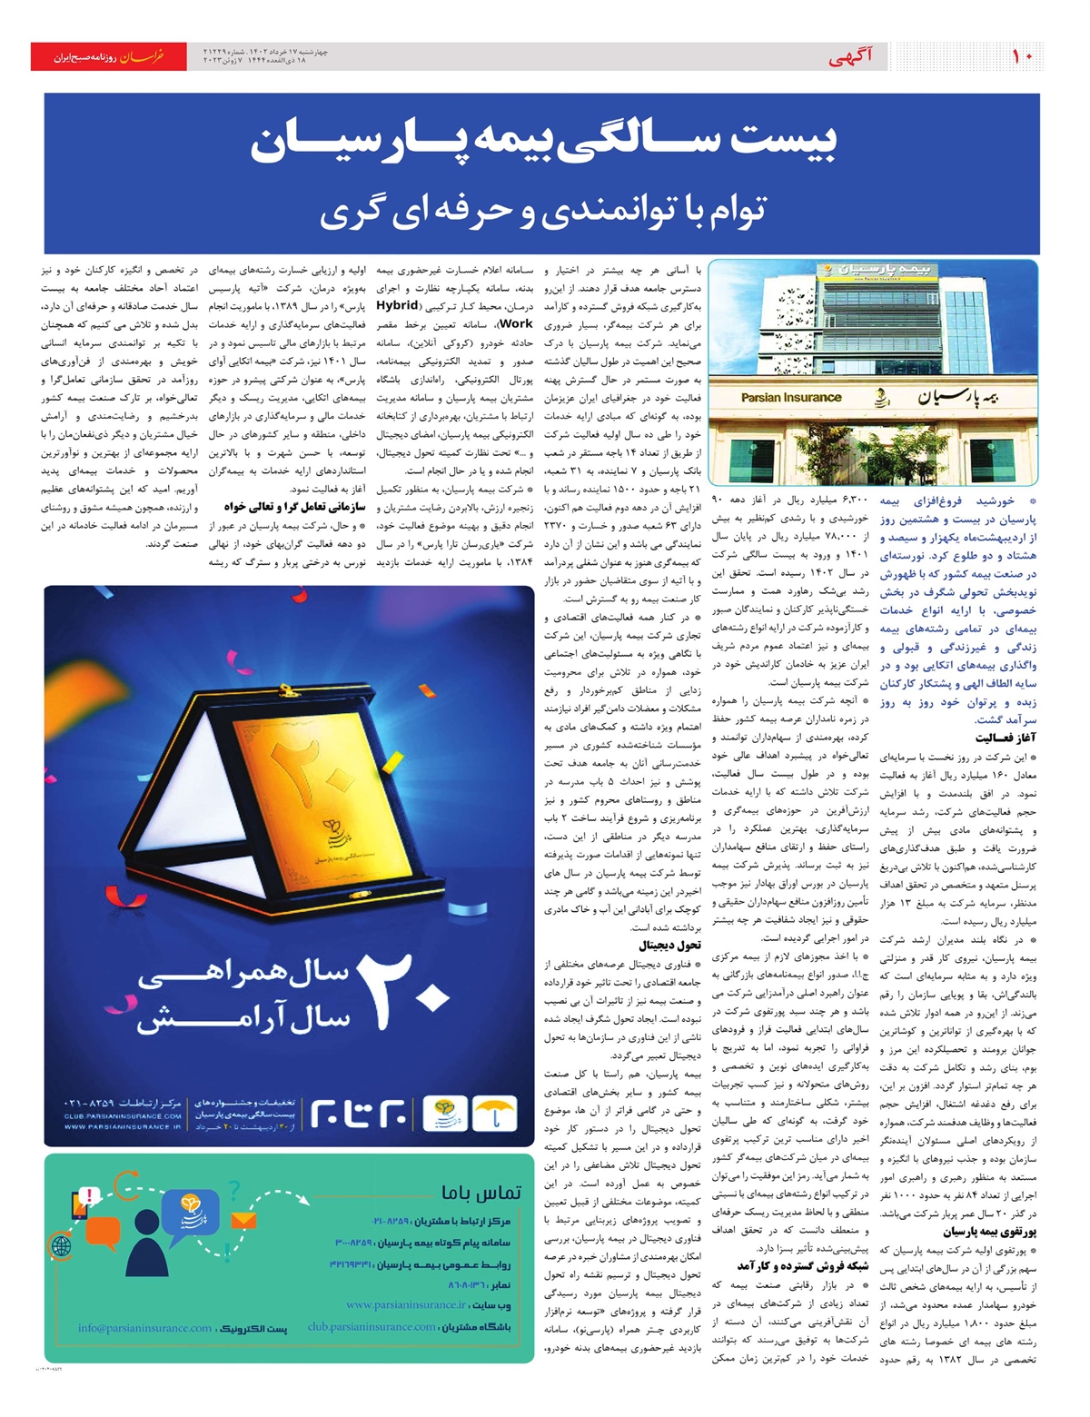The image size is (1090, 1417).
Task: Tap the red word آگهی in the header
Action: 851,58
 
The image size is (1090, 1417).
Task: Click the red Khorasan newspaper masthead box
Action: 108,57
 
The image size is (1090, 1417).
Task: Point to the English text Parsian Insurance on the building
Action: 791,397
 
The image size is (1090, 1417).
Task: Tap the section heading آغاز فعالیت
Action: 1006,738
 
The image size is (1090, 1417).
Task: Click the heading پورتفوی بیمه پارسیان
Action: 989,1232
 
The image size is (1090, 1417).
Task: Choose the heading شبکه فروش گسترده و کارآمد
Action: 803,1266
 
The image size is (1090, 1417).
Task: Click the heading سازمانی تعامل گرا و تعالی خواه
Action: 295,507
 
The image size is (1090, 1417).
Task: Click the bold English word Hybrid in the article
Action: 397,305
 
